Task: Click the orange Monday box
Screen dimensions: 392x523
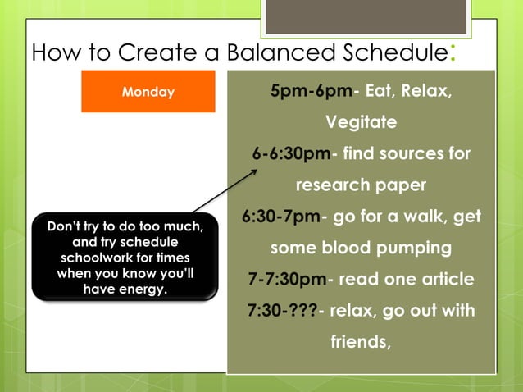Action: coord(148,92)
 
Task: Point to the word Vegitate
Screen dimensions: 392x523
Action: coord(361,122)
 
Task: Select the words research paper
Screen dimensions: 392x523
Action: coord(361,185)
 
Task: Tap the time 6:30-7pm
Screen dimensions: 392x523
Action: coord(280,217)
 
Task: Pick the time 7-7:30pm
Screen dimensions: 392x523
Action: coord(287,279)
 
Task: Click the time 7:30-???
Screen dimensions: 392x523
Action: coord(281,310)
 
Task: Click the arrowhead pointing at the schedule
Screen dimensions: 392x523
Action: coord(253,172)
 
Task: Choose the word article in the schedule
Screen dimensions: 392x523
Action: coord(445,279)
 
